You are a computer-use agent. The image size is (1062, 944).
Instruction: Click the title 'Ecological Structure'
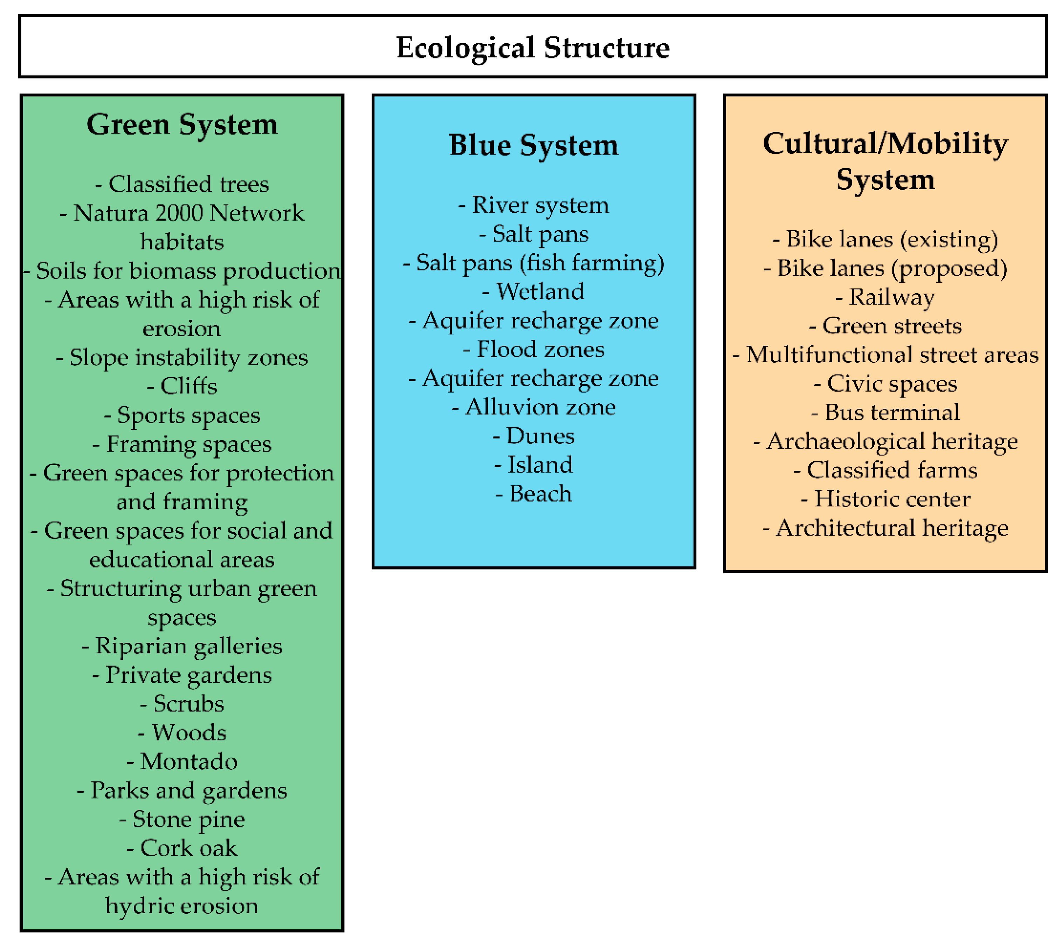coord(532,48)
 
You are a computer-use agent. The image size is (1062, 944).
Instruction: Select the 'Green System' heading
coord(182,125)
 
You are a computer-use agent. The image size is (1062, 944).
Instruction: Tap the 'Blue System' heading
coord(533,145)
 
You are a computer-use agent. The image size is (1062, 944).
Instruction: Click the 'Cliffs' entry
coord(182,386)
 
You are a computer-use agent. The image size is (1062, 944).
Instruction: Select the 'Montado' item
coord(182,761)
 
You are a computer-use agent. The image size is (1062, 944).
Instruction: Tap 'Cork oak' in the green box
coord(182,848)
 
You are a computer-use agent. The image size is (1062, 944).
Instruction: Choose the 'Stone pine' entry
coord(182,819)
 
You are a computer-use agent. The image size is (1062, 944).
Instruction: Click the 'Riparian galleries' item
coord(182,646)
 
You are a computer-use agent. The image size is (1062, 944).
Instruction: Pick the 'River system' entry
coord(533,205)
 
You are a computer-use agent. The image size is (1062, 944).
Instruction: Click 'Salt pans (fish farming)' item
coord(533,263)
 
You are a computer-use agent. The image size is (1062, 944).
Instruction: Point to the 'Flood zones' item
coord(533,349)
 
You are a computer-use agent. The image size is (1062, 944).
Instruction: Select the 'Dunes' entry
coord(533,435)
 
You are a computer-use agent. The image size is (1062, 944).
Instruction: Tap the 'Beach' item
coord(533,494)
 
